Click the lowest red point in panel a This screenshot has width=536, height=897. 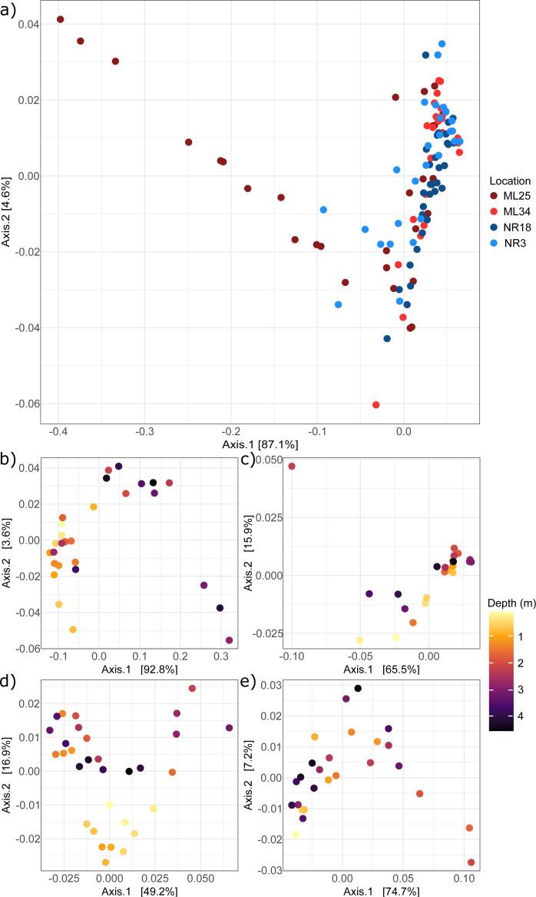376,404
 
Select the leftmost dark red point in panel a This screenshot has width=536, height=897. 60,19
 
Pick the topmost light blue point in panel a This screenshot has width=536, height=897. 442,44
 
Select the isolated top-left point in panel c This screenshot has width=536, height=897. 291,467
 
